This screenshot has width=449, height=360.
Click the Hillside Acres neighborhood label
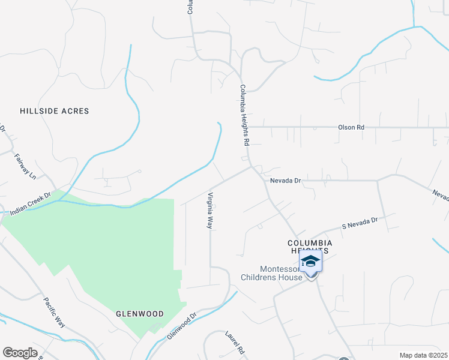[x=54, y=111]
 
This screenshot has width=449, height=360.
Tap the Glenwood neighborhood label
[x=139, y=314]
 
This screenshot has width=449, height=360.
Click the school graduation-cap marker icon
[x=310, y=262]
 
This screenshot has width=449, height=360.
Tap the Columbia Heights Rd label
[x=244, y=116]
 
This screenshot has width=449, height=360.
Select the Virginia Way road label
[x=210, y=211]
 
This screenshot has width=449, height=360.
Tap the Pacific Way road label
[x=54, y=312]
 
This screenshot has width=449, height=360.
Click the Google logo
[x=20, y=352]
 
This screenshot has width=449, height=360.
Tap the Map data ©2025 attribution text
[x=423, y=355]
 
